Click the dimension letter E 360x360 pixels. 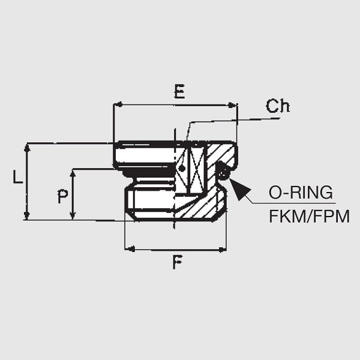click(x=179, y=92)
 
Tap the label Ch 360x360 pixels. click(x=278, y=106)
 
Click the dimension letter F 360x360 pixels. click(x=178, y=262)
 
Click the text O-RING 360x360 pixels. click(x=301, y=193)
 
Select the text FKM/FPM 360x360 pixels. click(x=309, y=216)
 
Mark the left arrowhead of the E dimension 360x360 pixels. click(x=118, y=104)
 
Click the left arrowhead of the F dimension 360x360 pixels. click(x=128, y=248)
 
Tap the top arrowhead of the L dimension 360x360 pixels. click(x=26, y=148)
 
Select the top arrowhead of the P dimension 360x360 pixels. click(x=73, y=173)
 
